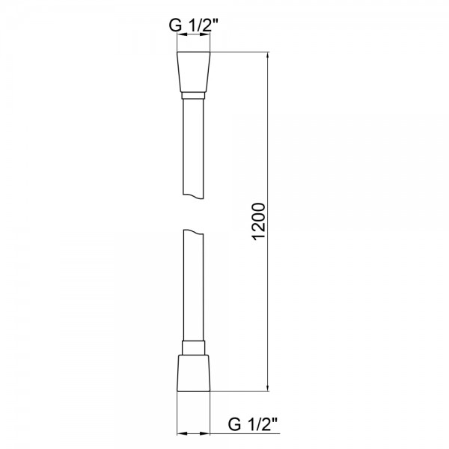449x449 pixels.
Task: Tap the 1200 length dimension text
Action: tap(257, 222)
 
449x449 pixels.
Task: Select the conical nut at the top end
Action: tap(195, 72)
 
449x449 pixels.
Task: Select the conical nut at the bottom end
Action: tap(195, 372)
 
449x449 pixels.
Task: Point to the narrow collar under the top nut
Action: tap(195, 96)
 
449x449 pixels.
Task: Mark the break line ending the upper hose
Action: tap(195, 196)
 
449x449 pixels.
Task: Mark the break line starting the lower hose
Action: tap(195, 232)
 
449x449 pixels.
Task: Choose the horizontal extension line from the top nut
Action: tap(239, 52)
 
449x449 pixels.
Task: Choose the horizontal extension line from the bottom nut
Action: tap(239, 391)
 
